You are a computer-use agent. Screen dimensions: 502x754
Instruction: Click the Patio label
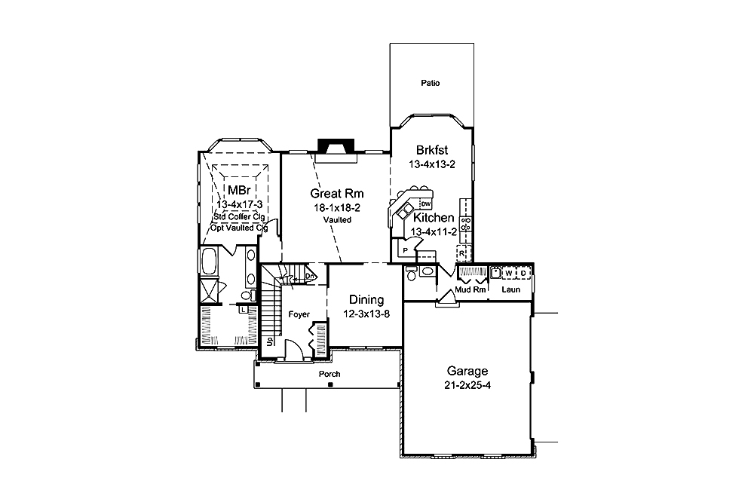431,83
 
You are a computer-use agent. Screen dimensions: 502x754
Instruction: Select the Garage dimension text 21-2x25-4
467,385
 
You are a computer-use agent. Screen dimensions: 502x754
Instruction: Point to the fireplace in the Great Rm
335,146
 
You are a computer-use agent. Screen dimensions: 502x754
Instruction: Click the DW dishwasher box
426,204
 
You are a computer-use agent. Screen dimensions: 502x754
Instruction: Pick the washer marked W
509,273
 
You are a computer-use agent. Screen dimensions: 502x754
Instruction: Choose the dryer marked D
523,273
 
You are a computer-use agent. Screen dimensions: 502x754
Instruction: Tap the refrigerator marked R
471,253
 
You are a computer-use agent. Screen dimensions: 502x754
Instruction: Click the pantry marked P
405,249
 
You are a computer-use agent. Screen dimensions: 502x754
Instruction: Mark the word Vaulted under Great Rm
338,219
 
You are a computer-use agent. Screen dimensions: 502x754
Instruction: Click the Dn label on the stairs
309,277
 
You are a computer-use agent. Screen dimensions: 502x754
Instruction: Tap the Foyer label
299,314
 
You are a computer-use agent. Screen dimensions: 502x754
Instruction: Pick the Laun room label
511,289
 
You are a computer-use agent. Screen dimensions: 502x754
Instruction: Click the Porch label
329,374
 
